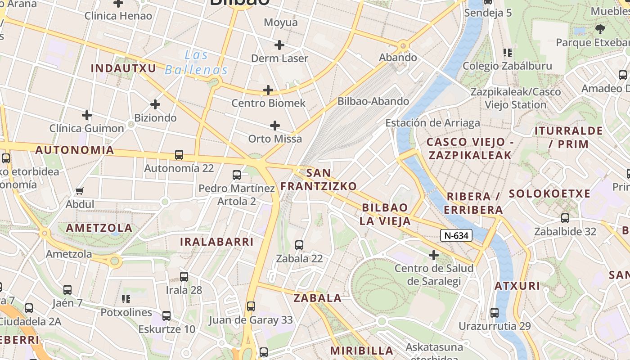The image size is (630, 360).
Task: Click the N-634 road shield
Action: pos(456,235)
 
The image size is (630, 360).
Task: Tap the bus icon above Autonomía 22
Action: pos(179,155)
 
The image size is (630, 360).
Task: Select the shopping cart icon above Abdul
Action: pos(80,191)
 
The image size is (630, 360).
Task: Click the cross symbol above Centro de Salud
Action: pos(434,256)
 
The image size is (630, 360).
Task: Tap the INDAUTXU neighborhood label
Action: pos(123,68)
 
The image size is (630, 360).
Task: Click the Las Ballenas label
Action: pos(197,63)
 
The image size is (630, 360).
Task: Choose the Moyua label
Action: pos(281,22)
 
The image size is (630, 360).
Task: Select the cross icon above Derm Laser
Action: pos(279,45)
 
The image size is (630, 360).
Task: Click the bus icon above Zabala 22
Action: pos(299,245)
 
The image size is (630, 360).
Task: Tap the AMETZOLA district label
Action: pos(99,228)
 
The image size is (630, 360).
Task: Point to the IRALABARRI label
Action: pos(217,242)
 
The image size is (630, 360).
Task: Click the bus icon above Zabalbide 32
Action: pos(565,218)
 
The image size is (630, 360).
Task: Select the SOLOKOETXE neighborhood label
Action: pos(549,194)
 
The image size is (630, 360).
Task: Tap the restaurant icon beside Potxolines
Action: pos(126,299)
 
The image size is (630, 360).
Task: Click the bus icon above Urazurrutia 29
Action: pos(495,313)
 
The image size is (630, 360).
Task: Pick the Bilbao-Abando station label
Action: pos(373,101)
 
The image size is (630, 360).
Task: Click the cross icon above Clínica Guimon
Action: pos(87,115)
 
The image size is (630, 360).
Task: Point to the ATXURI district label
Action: pos(517,286)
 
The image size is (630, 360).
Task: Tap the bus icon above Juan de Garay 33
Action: pos(251,306)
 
